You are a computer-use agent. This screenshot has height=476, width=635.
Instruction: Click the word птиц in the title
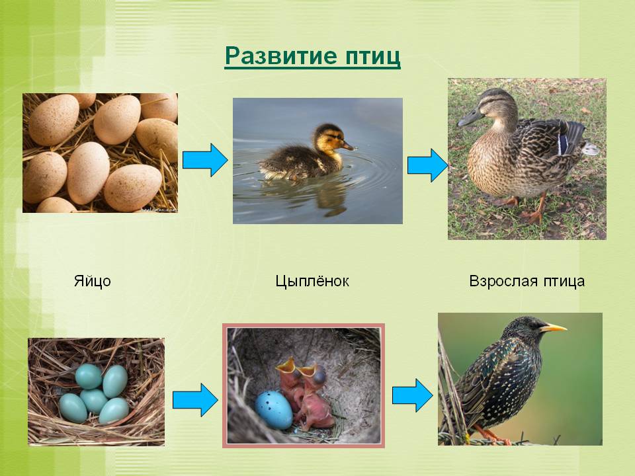click(x=373, y=57)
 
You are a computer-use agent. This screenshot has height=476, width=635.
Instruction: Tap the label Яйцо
click(x=93, y=281)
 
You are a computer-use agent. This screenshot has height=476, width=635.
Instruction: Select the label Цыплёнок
click(x=312, y=282)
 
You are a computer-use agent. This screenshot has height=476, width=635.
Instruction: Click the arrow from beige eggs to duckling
click(x=205, y=160)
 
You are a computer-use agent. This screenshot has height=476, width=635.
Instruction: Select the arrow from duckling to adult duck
click(x=428, y=165)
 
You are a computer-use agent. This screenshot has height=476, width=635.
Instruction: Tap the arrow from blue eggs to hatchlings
click(x=195, y=401)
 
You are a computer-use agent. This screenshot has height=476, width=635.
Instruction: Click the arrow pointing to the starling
click(x=412, y=395)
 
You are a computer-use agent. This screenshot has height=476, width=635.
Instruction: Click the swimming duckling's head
click(x=331, y=138)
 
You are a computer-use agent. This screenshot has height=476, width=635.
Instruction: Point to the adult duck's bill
click(x=470, y=118)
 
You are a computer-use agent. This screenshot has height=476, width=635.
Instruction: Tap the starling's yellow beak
click(x=553, y=327)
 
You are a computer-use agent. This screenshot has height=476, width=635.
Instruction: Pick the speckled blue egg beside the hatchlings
click(x=274, y=410)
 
